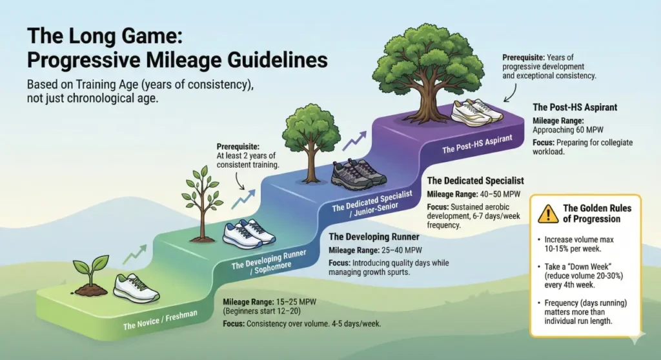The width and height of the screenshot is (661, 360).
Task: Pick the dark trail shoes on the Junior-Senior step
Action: coord(358,172)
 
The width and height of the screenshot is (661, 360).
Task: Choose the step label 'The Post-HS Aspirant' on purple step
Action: coord(477,144)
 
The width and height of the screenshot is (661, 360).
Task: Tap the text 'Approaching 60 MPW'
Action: coord(562,130)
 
